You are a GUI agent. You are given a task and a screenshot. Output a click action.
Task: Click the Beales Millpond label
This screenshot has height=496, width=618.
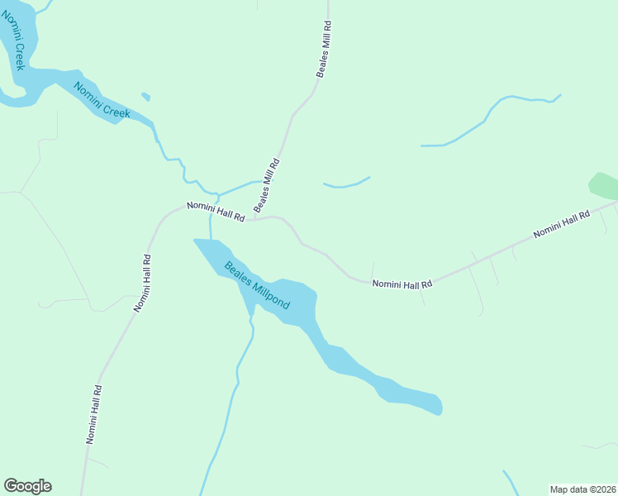coord(257,285)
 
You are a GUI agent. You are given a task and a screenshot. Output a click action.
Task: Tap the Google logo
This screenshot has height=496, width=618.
coord(27,486)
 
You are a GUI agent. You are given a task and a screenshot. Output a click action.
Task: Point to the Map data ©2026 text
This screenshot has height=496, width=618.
coord(582,489)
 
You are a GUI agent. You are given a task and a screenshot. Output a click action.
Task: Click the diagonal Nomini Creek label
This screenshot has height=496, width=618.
coord(102,100)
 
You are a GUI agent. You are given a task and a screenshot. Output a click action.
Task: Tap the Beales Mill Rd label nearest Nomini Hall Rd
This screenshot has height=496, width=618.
coord(268,185)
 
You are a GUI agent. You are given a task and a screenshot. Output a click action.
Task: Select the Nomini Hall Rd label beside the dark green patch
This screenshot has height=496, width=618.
coord(562,224)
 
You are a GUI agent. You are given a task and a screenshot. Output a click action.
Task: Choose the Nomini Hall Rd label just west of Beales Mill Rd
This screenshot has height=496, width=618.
coord(216,211)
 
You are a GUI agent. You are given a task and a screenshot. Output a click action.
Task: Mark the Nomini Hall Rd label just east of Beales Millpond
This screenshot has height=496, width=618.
coord(402,284)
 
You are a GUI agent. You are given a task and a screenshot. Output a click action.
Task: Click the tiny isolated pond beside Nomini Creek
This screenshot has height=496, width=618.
coord(146,97)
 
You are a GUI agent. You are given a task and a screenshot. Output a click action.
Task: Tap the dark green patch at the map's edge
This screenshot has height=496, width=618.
coord(604,186)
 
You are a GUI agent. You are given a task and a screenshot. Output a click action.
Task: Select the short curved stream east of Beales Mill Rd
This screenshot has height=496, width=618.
coord(346,184)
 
